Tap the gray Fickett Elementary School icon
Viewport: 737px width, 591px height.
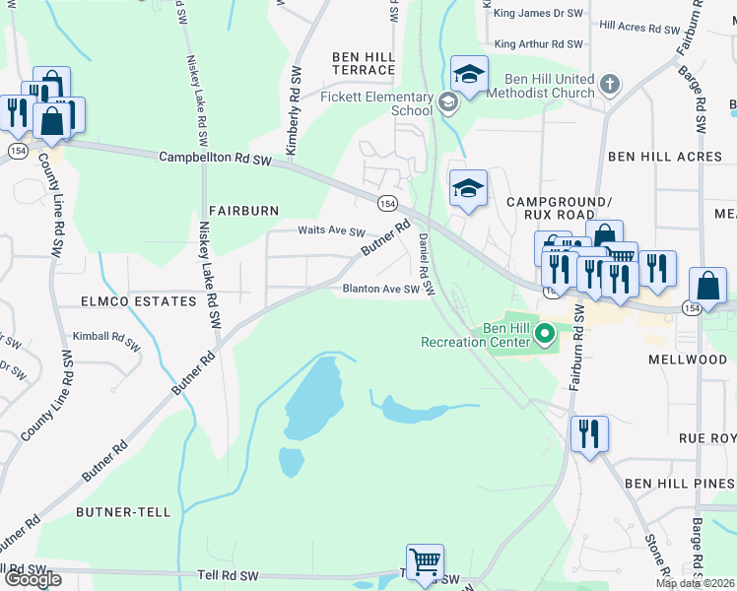(x=448, y=101)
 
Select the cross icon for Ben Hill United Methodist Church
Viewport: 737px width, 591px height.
(x=610, y=84)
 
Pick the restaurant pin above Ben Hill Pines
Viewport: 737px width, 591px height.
(x=589, y=434)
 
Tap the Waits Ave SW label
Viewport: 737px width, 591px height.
(x=332, y=230)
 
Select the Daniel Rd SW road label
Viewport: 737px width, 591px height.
(x=426, y=264)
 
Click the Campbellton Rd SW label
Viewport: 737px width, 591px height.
(x=215, y=158)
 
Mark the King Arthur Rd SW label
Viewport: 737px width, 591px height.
(x=540, y=44)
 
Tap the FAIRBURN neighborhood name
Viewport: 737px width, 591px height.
(x=244, y=211)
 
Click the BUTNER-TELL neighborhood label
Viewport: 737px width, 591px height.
(x=122, y=512)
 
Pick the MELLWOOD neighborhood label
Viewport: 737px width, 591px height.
(x=687, y=361)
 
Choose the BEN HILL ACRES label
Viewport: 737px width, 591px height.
(x=665, y=157)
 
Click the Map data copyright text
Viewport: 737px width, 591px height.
(x=696, y=583)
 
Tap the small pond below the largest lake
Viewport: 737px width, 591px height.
(x=292, y=462)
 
